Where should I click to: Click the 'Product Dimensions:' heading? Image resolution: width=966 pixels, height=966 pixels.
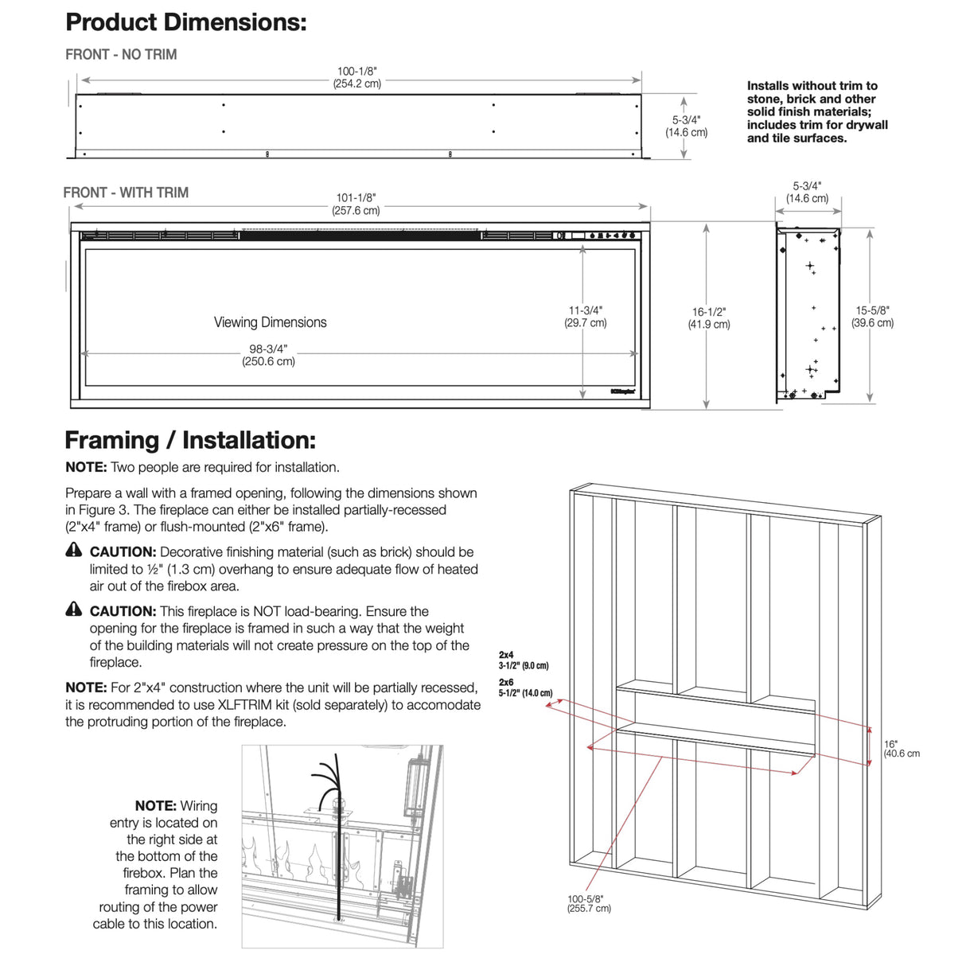(x=185, y=22)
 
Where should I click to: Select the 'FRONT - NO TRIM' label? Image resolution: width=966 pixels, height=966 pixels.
(x=121, y=55)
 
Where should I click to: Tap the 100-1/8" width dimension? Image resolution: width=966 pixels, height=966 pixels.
(x=356, y=77)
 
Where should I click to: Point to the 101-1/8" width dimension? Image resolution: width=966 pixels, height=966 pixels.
(x=356, y=204)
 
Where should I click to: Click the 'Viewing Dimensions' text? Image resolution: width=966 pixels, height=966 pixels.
(x=270, y=322)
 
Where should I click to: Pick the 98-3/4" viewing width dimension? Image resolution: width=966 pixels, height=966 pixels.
(x=268, y=355)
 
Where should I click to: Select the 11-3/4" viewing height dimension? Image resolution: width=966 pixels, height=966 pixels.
(x=585, y=316)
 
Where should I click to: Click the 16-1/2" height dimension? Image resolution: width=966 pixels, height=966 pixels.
(x=708, y=318)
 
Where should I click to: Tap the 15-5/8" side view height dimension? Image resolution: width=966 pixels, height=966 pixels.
(x=872, y=317)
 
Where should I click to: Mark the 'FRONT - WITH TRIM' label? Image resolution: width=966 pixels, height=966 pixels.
(x=126, y=193)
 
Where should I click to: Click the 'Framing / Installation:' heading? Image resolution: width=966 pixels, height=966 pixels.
(x=189, y=440)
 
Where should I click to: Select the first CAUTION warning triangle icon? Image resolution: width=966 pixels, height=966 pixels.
(x=74, y=550)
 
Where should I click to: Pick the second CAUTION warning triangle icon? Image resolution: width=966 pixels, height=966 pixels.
(x=74, y=610)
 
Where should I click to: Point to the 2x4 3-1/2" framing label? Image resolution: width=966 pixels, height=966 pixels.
(x=523, y=660)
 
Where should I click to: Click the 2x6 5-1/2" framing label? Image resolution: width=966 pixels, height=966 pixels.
(x=525, y=687)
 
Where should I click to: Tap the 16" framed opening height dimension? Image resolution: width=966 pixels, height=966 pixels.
(x=901, y=749)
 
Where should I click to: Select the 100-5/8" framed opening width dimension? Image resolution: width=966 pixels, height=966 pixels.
(x=589, y=903)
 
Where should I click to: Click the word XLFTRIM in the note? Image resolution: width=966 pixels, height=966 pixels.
(x=249, y=705)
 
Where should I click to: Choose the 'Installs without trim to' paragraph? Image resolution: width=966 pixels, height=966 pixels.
(x=816, y=111)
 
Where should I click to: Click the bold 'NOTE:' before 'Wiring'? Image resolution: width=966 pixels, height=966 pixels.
(x=155, y=806)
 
